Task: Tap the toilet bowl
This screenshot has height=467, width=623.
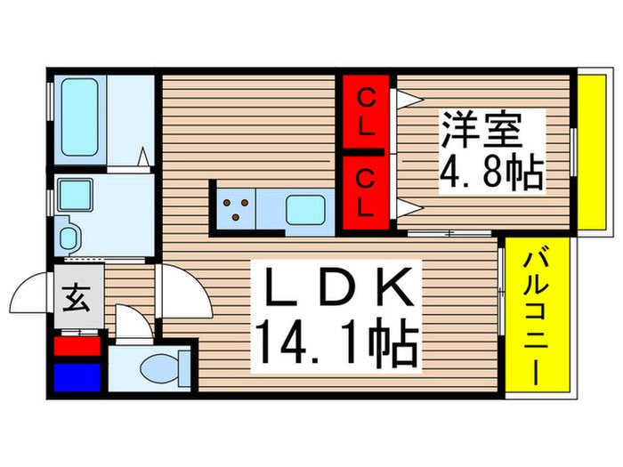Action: coord(165,366)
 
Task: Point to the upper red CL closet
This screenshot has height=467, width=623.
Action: coord(366,113)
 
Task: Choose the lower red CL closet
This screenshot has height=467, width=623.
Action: coord(366,193)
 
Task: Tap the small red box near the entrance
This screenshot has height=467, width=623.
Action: coord(77,345)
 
